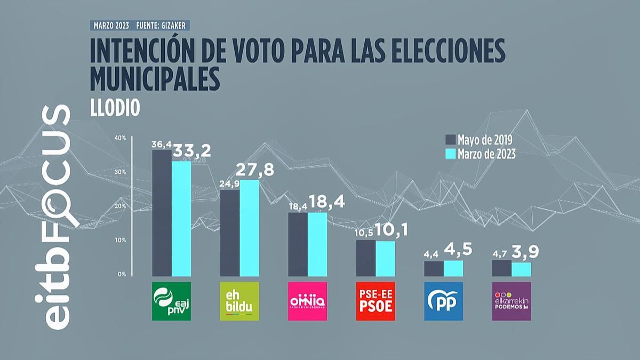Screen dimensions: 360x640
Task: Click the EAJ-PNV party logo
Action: pos(171,301)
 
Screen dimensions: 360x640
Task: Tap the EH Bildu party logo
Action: pos(239,301)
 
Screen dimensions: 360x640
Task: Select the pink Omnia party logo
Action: pos(308,301)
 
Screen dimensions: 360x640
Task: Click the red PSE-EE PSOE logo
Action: pos(375,301)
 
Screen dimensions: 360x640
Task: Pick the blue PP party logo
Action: pos(444,301)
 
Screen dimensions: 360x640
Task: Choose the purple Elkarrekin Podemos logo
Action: pos(511,301)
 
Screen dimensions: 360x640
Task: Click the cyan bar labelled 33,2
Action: pos(181,219)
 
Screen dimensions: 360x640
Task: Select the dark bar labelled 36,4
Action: pos(162,213)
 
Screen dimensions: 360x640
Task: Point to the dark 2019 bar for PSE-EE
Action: pos(366,258)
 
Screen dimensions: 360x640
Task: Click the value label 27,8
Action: pos(259,171)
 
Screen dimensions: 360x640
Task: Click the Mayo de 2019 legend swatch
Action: pos(450,140)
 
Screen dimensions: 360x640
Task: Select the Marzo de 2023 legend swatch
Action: pos(450,154)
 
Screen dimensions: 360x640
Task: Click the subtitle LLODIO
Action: pos(114,107)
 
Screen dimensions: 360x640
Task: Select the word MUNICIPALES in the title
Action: pos(155,79)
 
